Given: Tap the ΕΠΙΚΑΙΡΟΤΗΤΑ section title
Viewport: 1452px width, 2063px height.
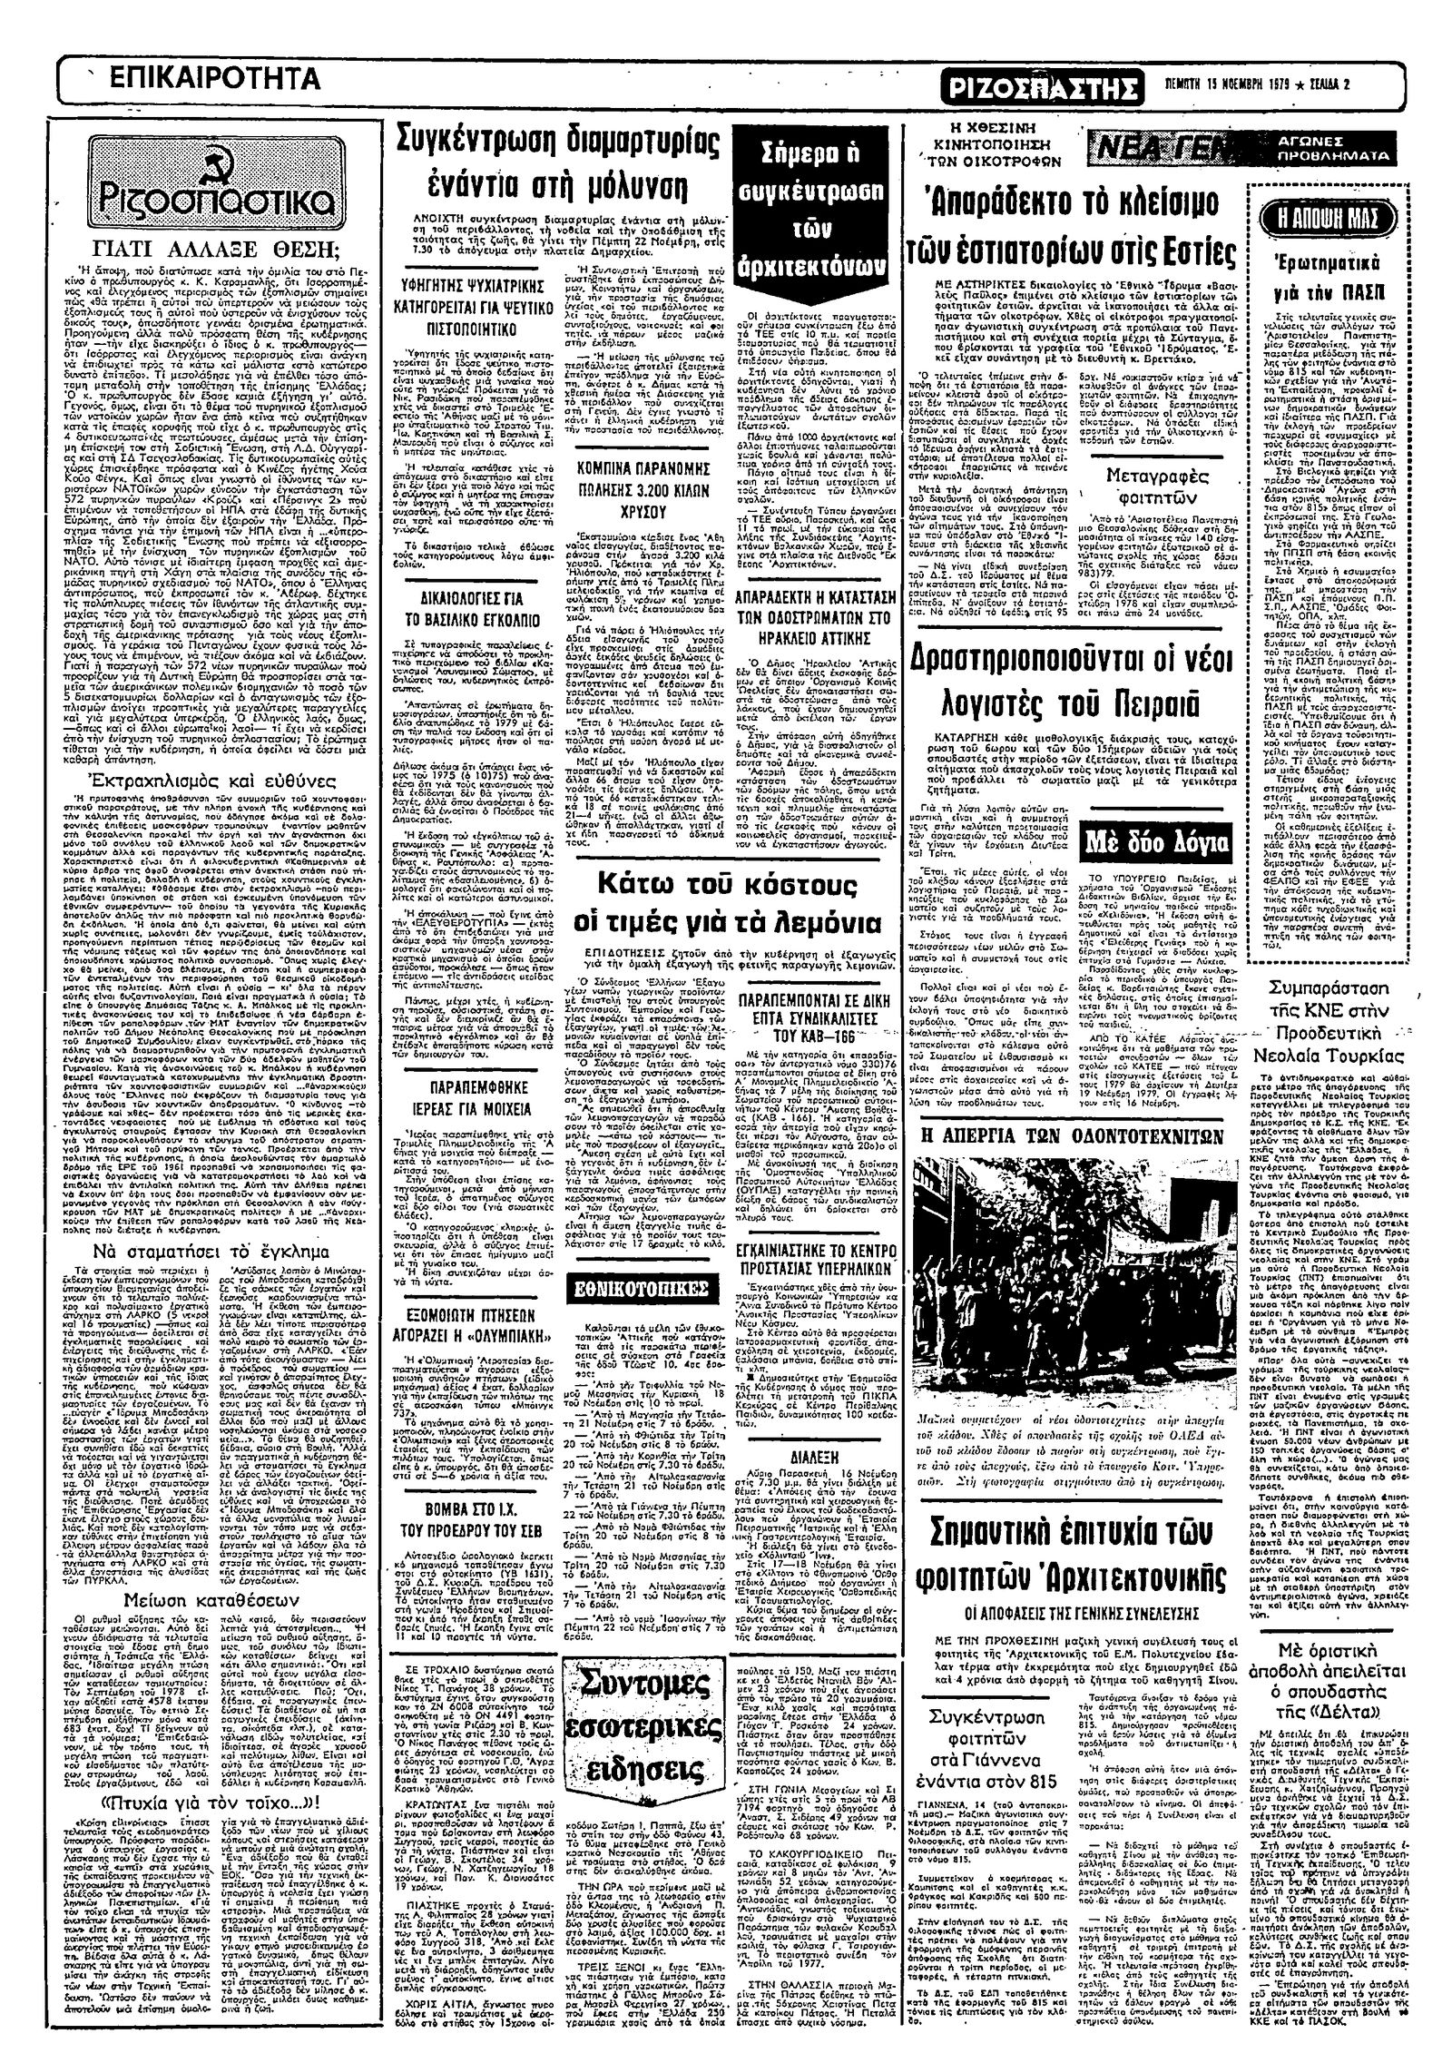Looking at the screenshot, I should [x=214, y=80].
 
